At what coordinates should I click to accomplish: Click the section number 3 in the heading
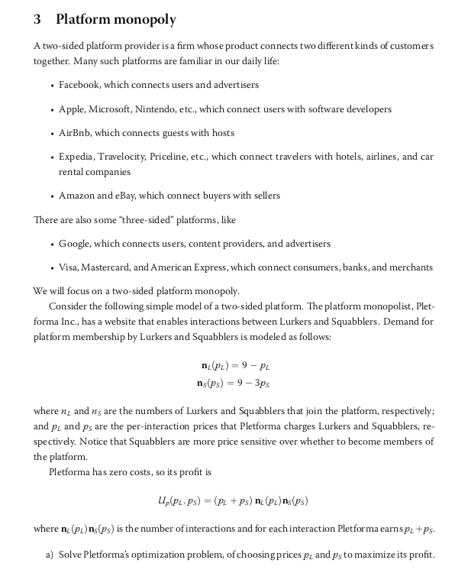point(38,19)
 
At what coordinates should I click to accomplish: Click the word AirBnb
point(76,133)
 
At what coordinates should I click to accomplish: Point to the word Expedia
point(77,157)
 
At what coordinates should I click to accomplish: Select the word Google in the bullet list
point(76,244)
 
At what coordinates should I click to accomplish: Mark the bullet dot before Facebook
point(50,85)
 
